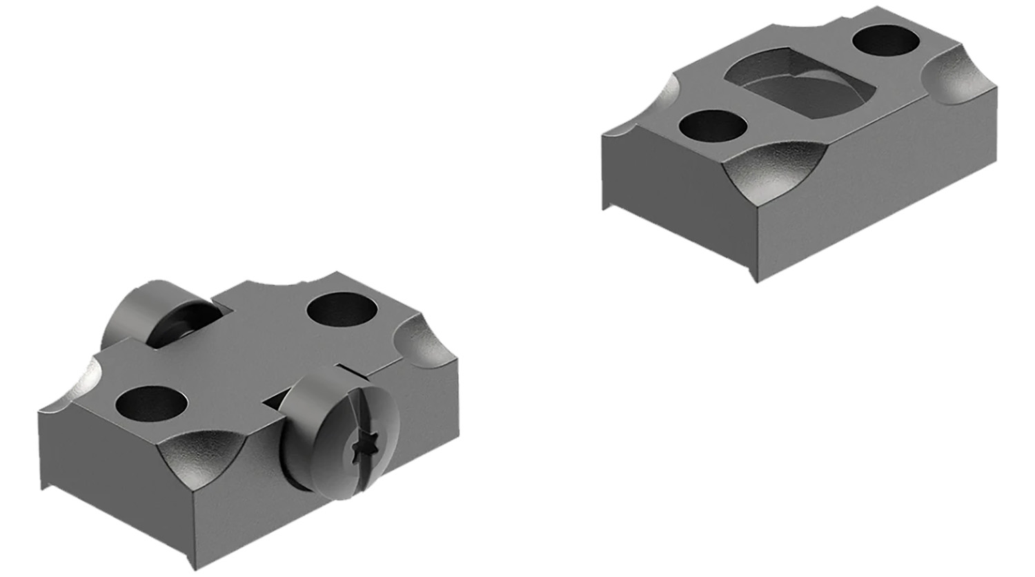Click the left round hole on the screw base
(151, 403)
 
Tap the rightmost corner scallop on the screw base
(421, 338)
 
